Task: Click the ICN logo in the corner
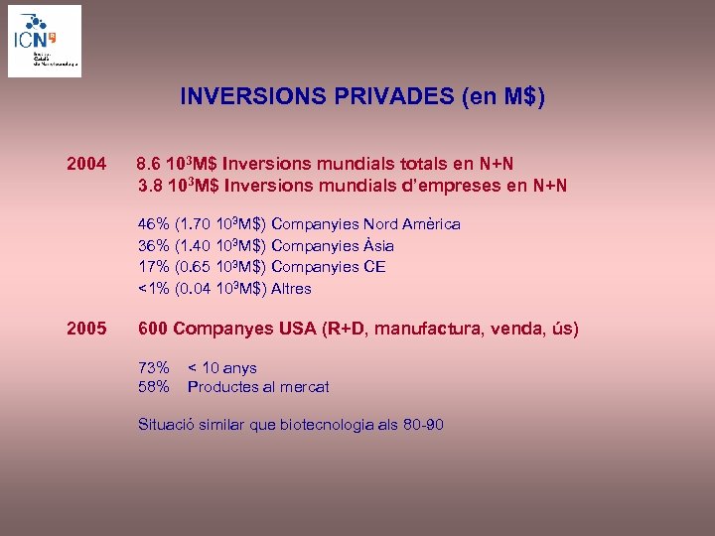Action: tap(45, 41)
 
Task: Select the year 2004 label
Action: tap(85, 163)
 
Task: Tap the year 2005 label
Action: tap(85, 329)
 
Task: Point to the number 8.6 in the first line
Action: tap(148, 163)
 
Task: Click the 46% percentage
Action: tap(153, 224)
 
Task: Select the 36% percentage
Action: tap(153, 245)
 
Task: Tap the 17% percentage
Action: tap(153, 266)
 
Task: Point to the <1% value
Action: tap(153, 289)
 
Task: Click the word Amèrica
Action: tap(432, 224)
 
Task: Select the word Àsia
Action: tap(378, 245)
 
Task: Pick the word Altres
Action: tap(291, 289)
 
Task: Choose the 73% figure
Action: tap(153, 368)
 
